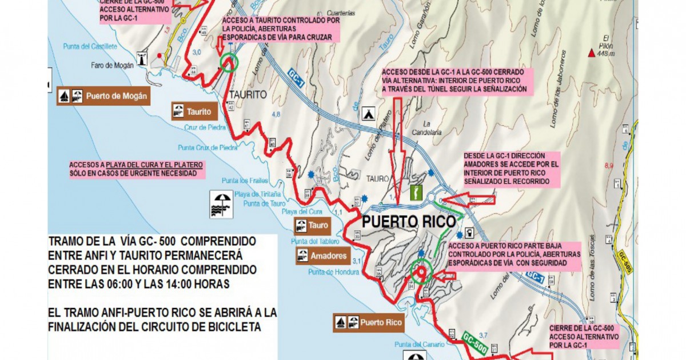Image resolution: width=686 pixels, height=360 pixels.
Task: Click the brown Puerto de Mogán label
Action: click(x=103, y=96)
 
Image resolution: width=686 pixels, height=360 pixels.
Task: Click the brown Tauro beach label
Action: click(x=311, y=226)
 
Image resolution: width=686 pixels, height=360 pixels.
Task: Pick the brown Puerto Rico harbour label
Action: click(x=369, y=322)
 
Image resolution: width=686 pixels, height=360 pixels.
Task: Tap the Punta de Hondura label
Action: click(x=329, y=272)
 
